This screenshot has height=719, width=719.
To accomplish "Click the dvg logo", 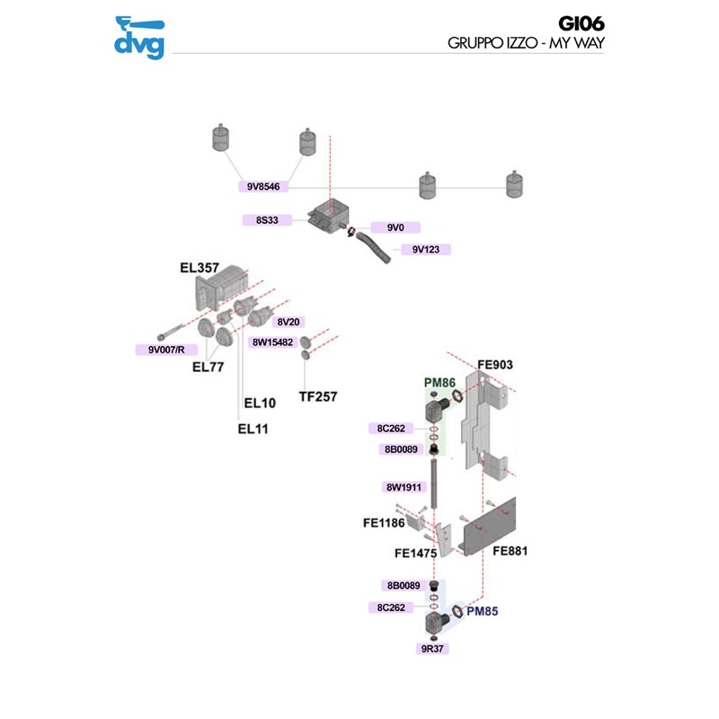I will [139, 38].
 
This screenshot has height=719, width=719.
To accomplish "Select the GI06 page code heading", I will [584, 25].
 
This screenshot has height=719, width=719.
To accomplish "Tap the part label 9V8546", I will [264, 187].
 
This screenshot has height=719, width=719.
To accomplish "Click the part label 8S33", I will [268, 219].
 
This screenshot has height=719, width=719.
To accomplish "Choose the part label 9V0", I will [395, 227].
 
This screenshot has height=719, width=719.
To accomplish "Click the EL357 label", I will [200, 267].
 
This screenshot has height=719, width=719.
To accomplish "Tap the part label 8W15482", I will [272, 342].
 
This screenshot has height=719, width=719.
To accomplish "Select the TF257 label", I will [318, 395].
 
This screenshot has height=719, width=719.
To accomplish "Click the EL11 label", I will [253, 429].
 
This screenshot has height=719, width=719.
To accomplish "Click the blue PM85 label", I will [482, 611].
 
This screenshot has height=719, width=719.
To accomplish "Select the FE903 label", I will [494, 365].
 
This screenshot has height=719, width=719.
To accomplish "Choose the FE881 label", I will [509, 550].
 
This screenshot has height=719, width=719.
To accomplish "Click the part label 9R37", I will [434, 647].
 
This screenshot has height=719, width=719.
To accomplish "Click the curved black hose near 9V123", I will [372, 247].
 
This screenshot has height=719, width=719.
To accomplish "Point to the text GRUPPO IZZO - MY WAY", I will [525, 43].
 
